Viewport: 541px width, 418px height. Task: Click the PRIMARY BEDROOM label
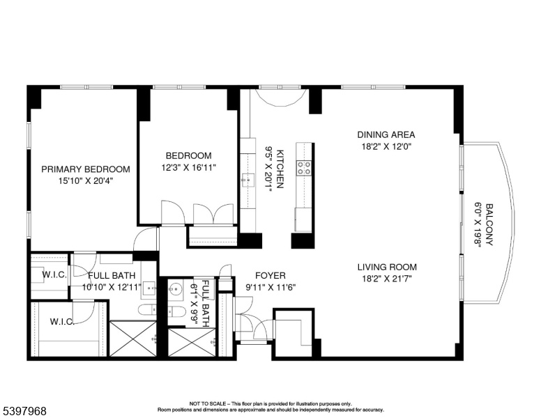(x=86, y=169)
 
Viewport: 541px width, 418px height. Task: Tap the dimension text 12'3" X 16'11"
(x=189, y=168)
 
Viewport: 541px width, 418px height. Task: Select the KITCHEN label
(x=280, y=169)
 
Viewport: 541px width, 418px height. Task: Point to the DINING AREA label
(x=386, y=134)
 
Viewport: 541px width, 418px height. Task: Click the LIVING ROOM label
(x=387, y=267)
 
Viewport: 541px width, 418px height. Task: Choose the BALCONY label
(x=489, y=225)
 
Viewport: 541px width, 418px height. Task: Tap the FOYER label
(x=270, y=276)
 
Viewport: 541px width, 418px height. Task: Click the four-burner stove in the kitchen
(x=304, y=168)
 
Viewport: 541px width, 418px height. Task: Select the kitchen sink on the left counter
(x=248, y=180)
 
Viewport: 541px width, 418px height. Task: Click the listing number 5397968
(x=24, y=411)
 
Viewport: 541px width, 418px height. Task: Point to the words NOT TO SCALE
(x=207, y=403)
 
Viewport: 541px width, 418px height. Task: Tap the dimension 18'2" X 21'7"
(x=387, y=279)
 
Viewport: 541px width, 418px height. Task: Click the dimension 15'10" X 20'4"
(x=86, y=180)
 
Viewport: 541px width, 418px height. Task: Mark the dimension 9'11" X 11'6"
(x=270, y=287)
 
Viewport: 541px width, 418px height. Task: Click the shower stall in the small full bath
(x=192, y=343)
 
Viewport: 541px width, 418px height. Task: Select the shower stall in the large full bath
(x=133, y=339)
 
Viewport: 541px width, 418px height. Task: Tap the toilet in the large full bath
(x=148, y=310)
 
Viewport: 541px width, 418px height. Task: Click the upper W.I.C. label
(x=54, y=275)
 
